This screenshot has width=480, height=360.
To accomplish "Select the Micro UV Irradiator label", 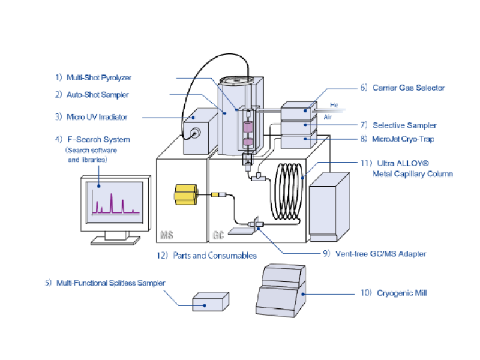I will click(x=99, y=116).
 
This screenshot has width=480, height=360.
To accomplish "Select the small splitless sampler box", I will click(x=209, y=301).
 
